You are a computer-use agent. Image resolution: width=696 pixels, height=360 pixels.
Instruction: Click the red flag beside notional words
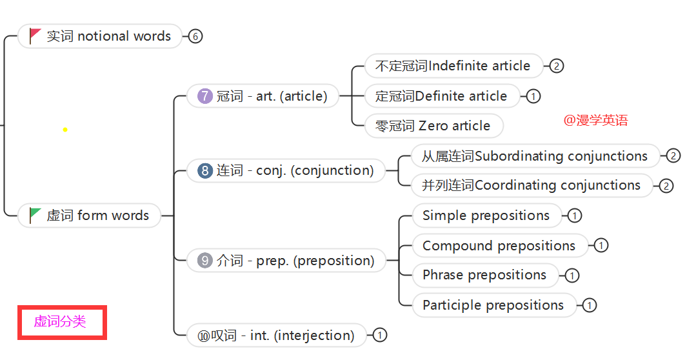point(35,35)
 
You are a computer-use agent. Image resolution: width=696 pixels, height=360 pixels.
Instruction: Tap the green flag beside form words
point(35,215)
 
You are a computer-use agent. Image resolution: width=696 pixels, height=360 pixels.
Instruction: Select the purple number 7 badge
point(205,96)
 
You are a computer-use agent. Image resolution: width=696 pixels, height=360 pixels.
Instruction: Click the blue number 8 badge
point(205,170)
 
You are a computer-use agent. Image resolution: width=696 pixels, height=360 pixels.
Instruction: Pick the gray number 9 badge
point(205,261)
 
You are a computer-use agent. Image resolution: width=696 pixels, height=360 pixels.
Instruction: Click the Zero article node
point(433,126)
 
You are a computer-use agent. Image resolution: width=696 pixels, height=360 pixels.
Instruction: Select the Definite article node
point(442,96)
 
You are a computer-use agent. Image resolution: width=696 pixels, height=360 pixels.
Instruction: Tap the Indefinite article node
point(453,66)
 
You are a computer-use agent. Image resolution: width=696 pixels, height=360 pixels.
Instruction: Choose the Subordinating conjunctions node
point(535,156)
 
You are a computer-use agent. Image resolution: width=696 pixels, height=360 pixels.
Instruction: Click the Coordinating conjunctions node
point(532,185)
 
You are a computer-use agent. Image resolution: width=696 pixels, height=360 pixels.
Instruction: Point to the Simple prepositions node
point(486,215)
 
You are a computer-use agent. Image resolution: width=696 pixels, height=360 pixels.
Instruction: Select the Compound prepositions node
point(499,246)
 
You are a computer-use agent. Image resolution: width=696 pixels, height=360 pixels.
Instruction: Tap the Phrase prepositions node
point(484,275)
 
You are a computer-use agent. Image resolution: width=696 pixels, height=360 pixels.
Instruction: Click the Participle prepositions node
point(493,305)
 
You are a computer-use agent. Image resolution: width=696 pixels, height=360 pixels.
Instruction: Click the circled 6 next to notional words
point(195,36)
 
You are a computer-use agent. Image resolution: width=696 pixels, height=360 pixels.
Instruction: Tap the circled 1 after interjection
point(380,335)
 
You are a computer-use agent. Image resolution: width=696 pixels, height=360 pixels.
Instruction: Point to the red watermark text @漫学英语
point(595,120)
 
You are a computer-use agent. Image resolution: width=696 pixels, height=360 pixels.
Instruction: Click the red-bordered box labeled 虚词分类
point(62,322)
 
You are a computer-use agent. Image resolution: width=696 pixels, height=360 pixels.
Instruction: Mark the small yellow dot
point(65,130)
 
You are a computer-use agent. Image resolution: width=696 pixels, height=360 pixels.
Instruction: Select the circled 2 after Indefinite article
point(557,66)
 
